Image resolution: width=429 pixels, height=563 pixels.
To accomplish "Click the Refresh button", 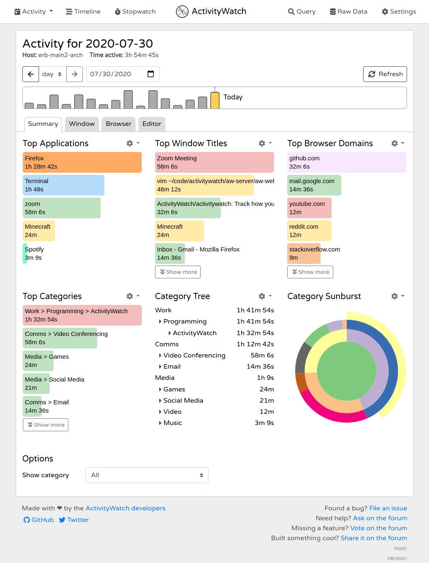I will coord(385,74).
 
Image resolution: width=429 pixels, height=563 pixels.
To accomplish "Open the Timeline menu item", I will coord(83,12).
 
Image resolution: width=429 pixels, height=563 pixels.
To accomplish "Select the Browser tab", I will coord(118,124).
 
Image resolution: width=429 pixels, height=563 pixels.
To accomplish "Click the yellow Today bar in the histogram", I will coord(215,100).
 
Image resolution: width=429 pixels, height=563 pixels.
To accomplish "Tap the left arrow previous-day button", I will coord(31,74).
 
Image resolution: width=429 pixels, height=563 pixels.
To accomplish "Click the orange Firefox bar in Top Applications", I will coord(82,162).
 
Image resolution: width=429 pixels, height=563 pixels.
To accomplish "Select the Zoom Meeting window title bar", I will coord(214,162).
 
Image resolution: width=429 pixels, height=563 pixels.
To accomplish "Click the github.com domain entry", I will coord(347,162).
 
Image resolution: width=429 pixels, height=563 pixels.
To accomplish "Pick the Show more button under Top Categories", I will coord(46,425).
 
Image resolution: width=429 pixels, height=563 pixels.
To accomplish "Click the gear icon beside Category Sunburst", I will coord(395,296).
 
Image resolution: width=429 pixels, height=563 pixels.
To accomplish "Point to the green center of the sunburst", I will coord(346,371).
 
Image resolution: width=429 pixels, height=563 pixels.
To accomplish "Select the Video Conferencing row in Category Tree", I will coord(194,355).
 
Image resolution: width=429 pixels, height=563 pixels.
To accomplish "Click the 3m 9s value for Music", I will coord(264,423).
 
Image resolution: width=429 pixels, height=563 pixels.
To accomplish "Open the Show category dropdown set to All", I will coord(147,475).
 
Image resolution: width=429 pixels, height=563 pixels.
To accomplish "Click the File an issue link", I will coord(388,508).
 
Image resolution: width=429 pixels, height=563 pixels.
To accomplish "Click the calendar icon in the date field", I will coord(151,74).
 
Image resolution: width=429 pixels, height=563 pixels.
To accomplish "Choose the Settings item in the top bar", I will coord(399,12).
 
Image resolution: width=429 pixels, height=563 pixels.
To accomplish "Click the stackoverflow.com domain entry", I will coord(314,254).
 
